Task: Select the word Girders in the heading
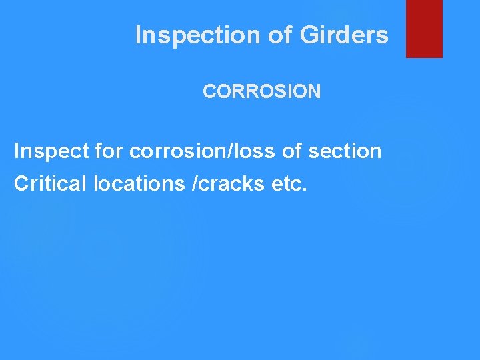click(344, 35)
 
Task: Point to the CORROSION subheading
click(261, 92)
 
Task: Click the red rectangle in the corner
click(424, 28)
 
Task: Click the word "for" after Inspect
click(109, 152)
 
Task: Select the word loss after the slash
click(255, 152)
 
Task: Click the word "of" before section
click(292, 152)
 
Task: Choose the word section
click(345, 152)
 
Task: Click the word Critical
click(51, 184)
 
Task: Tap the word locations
click(139, 184)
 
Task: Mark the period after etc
click(305, 190)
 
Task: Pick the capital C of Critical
click(21, 184)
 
